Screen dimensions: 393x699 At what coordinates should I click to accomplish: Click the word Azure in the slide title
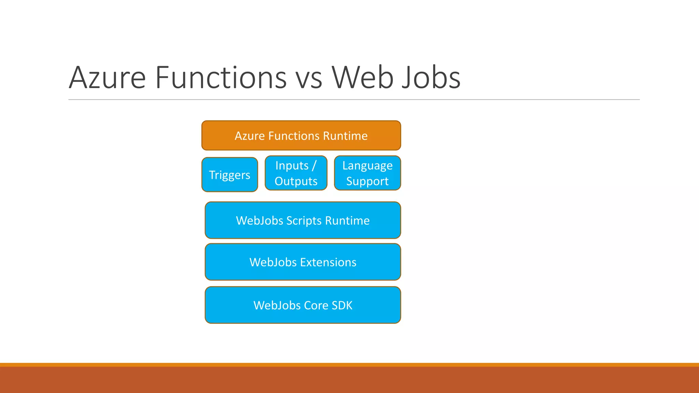(x=107, y=78)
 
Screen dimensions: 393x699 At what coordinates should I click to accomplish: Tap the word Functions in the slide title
(x=220, y=78)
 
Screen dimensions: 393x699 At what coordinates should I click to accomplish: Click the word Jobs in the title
(x=431, y=78)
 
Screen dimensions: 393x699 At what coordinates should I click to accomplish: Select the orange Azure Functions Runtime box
(x=301, y=135)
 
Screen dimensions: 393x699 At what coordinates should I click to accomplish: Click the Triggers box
(x=229, y=175)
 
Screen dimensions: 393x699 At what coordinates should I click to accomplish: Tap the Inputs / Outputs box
(x=296, y=173)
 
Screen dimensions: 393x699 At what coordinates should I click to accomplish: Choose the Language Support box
(x=367, y=173)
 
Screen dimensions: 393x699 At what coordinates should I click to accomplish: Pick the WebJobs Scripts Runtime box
(x=303, y=220)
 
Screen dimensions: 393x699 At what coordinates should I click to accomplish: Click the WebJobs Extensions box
(x=303, y=262)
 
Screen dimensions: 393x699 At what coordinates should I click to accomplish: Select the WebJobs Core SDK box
(x=303, y=305)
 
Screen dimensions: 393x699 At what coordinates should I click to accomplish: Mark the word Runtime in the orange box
(x=345, y=136)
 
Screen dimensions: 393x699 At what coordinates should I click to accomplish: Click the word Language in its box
(x=367, y=166)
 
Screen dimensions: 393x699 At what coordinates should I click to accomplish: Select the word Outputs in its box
(x=296, y=181)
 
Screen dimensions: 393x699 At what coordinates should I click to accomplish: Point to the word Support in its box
(x=367, y=181)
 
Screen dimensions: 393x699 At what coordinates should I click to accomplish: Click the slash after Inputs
(x=314, y=165)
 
